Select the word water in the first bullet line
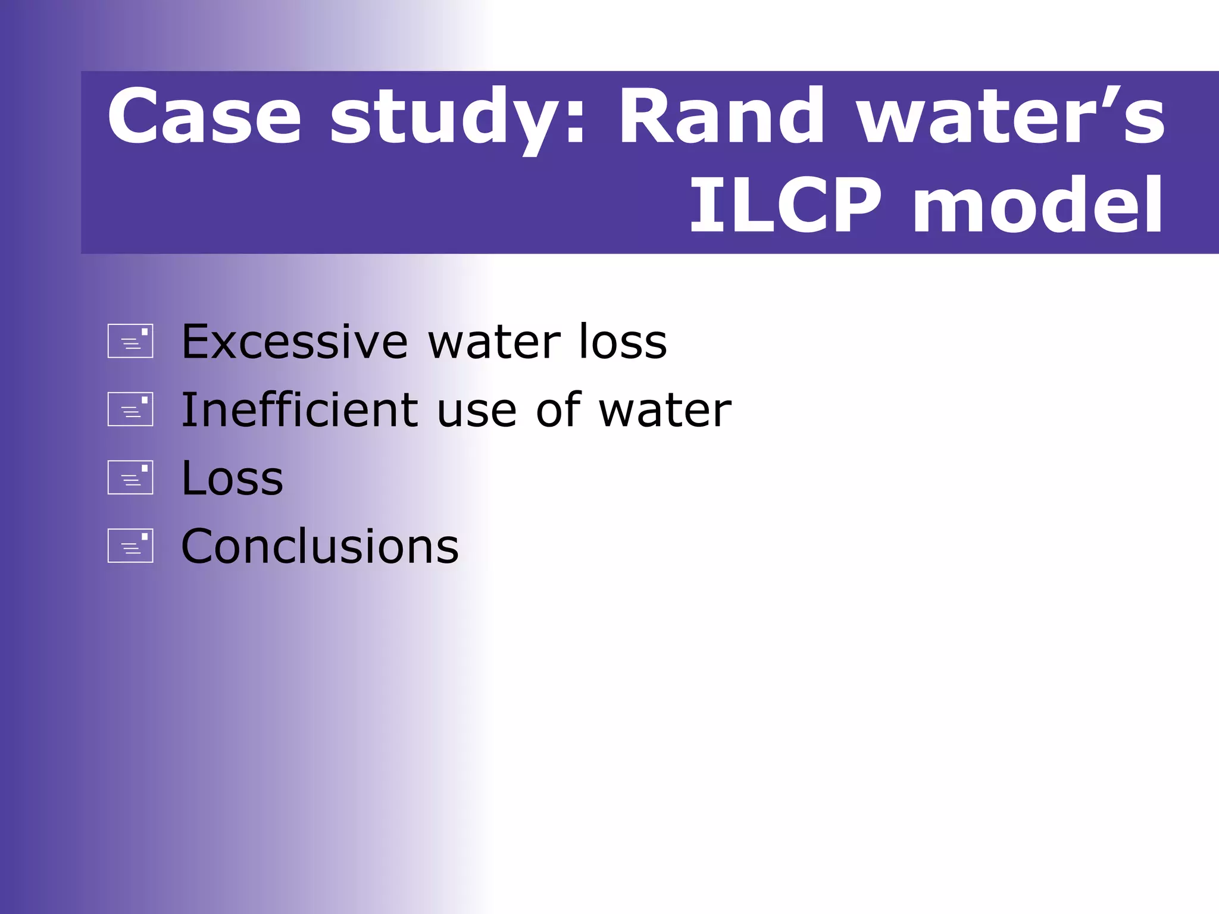[494, 343]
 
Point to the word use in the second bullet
[476, 411]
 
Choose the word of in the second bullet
[558, 410]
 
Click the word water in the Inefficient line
[665, 411]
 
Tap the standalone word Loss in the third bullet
[232, 478]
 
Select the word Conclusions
[320, 546]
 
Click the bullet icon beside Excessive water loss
[130, 341]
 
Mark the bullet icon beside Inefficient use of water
[130, 409]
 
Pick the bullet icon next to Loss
[130, 477]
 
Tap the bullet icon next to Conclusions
[130, 546]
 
